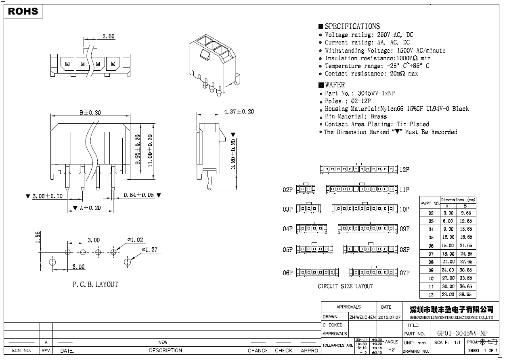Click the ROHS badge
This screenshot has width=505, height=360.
coord(23,11)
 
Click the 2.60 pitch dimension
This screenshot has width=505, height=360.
coord(108,36)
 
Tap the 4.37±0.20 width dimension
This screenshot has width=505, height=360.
coord(239,112)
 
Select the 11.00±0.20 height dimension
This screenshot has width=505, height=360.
coord(150,151)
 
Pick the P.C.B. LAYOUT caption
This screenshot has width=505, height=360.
coord(95,284)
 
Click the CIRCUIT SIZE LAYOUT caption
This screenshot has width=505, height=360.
coord(345,286)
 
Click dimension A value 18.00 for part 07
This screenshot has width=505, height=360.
coord(448,254)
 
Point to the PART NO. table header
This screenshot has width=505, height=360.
coord(430,204)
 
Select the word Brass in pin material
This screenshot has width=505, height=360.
coord(378,116)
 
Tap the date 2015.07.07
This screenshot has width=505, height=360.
coord(389,317)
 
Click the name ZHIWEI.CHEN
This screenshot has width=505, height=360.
coord(362,317)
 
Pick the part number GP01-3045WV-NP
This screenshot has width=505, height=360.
coord(462,333)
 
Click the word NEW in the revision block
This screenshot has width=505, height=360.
coord(163,342)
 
